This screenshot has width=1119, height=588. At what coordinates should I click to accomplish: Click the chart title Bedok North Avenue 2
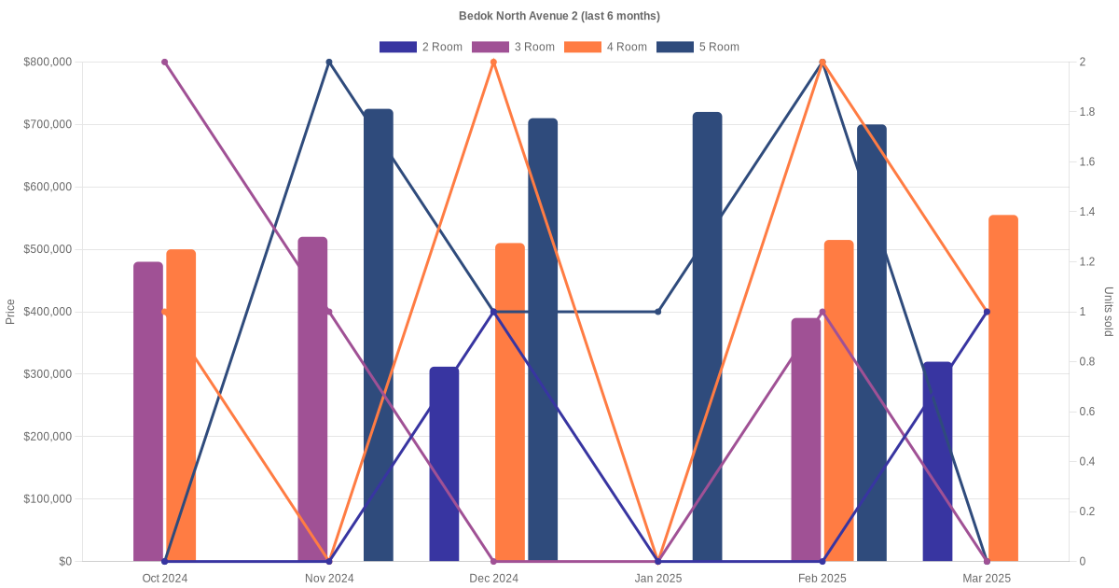pyautogui.click(x=559, y=16)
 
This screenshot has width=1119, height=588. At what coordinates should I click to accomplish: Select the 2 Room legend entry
pyautogui.click(x=421, y=47)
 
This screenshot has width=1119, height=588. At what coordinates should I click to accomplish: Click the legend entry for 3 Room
pyautogui.click(x=513, y=47)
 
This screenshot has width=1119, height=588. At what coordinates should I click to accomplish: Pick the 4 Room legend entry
pyautogui.click(x=605, y=47)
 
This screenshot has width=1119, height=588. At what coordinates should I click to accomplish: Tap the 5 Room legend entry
pyautogui.click(x=698, y=47)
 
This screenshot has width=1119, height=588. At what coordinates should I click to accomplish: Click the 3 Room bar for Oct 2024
pyautogui.click(x=148, y=411)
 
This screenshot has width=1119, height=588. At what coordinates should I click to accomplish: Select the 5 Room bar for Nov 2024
pyautogui.click(x=379, y=336)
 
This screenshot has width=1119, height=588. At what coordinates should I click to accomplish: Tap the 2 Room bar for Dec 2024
pyautogui.click(x=445, y=464)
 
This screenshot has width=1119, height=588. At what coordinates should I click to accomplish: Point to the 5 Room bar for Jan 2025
pyautogui.click(x=707, y=336)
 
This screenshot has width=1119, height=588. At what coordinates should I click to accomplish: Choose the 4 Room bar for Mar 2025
pyautogui.click(x=1003, y=388)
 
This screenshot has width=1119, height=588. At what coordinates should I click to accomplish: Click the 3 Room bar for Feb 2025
pyautogui.click(x=806, y=440)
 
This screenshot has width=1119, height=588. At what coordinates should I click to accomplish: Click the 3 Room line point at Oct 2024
pyautogui.click(x=165, y=63)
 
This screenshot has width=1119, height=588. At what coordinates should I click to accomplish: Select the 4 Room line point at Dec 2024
pyautogui.click(x=494, y=63)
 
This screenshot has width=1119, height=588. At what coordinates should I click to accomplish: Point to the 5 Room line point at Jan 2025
pyautogui.click(x=658, y=312)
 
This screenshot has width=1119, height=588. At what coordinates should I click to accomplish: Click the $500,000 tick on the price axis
pyautogui.click(x=48, y=249)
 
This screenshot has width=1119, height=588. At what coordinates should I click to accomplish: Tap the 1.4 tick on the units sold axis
pyautogui.click(x=1088, y=212)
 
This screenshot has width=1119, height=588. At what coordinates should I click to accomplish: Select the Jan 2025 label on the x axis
pyautogui.click(x=658, y=579)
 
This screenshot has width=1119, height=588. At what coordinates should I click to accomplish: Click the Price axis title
pyautogui.click(x=10, y=312)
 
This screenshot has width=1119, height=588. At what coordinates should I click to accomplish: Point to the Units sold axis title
pyautogui.click(x=1109, y=312)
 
